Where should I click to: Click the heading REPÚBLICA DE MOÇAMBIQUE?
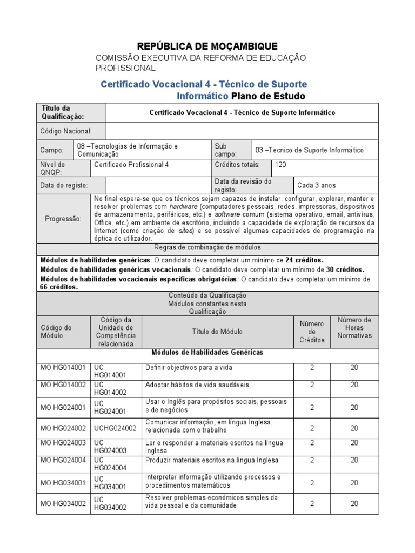(207, 46)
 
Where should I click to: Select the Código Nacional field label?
(66, 131)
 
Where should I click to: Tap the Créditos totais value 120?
(281, 165)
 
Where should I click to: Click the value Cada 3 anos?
(316, 185)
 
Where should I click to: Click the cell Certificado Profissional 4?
(131, 165)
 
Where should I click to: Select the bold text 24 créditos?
(304, 260)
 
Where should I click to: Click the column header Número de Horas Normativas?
(354, 328)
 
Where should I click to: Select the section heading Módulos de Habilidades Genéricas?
(207, 353)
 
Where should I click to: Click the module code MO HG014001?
(63, 368)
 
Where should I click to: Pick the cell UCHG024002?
(115, 428)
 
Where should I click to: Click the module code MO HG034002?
(63, 503)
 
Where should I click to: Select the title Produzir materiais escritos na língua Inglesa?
(212, 460)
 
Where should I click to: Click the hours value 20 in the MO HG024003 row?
(354, 443)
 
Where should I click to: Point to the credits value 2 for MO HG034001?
(312, 483)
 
